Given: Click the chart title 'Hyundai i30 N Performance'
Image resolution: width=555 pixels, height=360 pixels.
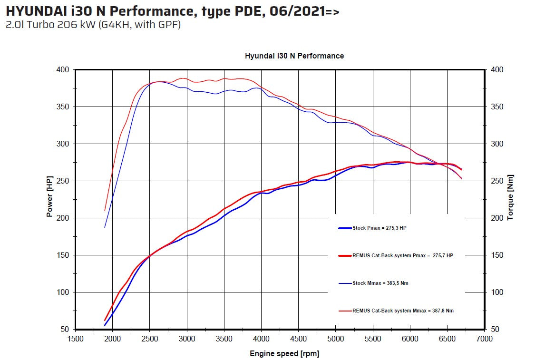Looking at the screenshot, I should (294, 56).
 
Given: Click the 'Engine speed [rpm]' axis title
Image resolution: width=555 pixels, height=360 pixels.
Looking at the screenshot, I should (284, 354).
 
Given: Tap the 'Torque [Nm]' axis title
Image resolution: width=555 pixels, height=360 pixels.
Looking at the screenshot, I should (510, 197).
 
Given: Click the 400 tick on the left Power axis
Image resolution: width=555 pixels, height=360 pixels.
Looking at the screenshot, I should (63, 70).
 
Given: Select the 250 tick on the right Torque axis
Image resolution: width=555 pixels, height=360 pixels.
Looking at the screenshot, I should (497, 181).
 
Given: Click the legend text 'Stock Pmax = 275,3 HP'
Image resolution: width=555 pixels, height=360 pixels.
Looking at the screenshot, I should (380, 228).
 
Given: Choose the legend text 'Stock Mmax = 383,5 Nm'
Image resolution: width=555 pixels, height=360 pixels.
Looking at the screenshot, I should (380, 283).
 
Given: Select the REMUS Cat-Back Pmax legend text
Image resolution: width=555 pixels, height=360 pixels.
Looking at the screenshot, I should (403, 255).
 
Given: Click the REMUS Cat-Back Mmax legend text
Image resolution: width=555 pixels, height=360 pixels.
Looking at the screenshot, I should (403, 311).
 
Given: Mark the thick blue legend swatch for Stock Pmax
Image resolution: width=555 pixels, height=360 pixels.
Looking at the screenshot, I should (345, 228).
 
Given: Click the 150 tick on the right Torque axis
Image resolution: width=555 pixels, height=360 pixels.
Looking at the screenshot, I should (497, 255).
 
